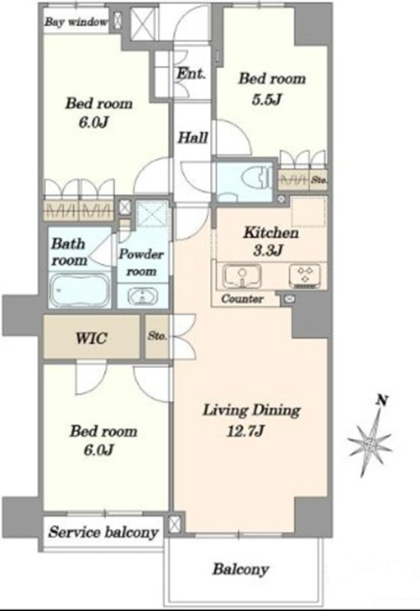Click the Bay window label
point(76,22)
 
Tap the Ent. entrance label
point(191,73)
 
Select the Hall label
point(193,137)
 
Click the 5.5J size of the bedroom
point(266,100)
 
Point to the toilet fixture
point(255,178)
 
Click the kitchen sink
point(242,276)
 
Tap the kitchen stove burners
point(305,276)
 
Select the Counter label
point(242,299)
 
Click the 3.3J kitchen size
point(268,250)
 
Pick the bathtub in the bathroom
point(80,290)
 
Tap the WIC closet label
point(92,338)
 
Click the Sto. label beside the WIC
point(157,336)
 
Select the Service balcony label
point(103,532)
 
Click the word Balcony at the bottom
point(241,570)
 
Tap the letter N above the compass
point(383,400)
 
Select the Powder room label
point(141,262)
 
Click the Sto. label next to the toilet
point(319,181)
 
